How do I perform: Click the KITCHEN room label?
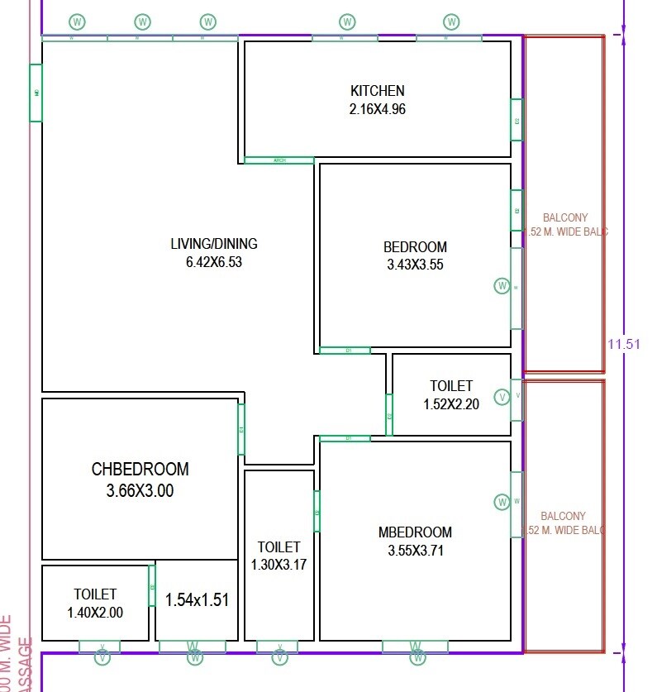coord(377,91)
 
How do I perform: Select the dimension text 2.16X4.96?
coord(377,109)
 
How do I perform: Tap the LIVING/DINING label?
coord(213,244)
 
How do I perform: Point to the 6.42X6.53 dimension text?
coord(213,263)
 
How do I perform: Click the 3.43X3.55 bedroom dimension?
coord(415,265)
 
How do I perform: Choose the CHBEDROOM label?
coord(140,470)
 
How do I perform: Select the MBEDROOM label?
coord(415,532)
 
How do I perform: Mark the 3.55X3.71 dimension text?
coord(415,551)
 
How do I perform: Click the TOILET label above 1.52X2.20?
coord(451,386)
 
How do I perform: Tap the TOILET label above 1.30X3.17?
coord(279,547)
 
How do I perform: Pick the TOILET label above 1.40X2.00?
coord(95,594)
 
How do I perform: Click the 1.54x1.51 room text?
coord(197,600)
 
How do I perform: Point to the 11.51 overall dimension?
coord(624,345)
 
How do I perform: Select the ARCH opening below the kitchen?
coord(279,160)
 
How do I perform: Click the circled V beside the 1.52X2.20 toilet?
coord(502,398)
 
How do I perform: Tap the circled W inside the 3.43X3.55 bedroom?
coord(502,286)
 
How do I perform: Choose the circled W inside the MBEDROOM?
coord(502,502)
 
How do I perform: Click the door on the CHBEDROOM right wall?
coord(241,429)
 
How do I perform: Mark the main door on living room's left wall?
coord(36,93)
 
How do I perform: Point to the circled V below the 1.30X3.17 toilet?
coord(279,658)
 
